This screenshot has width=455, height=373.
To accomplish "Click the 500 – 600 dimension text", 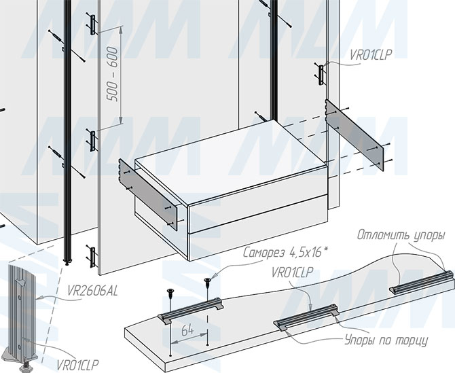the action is tap(113, 74).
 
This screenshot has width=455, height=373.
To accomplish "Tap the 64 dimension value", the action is tap(187, 331).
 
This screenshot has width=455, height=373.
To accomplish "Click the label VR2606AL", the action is tap(92, 291).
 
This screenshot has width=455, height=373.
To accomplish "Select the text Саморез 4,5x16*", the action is tap(287, 253).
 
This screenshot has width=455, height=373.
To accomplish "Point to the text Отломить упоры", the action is tap(401, 235).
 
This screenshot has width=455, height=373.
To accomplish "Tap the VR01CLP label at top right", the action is tap(371, 55).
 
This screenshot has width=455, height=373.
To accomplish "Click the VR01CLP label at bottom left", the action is tap(77, 365).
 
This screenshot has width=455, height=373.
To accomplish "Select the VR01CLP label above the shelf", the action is tap(292, 272).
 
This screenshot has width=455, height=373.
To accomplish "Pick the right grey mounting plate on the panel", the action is tap(354, 135).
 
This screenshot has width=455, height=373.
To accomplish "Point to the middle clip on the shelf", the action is tap(306, 317).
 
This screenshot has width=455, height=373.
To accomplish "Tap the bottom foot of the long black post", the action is tap(68, 262).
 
